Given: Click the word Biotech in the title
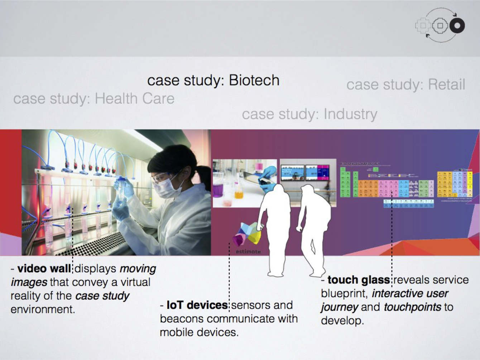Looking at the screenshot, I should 254,80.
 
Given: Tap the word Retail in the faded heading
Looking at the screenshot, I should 446,85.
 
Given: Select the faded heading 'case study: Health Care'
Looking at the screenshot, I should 94,99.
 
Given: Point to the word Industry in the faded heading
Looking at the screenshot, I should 350,114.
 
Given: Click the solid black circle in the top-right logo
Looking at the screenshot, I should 457,25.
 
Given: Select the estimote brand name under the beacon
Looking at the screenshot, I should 248,251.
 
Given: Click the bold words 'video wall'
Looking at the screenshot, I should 44,268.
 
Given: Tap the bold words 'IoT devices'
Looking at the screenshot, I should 197,305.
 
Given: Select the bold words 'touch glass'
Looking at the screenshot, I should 358,280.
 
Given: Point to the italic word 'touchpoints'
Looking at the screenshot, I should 412,307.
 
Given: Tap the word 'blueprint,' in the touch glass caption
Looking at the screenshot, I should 344,293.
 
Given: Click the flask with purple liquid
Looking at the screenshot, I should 218,188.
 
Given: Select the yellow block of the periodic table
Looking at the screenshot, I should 445,184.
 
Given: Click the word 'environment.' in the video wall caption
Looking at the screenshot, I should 43,309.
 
